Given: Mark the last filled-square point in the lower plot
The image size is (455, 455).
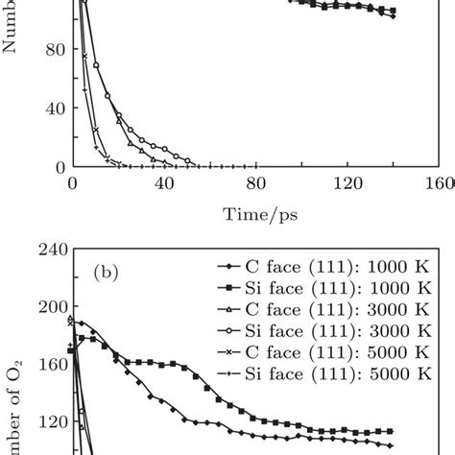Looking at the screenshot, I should click(390, 431).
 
